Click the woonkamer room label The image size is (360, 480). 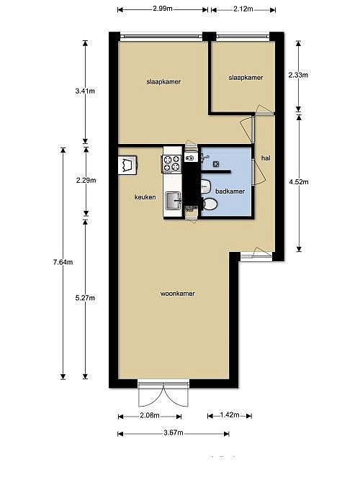tap(178, 294)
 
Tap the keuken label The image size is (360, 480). tap(145, 197)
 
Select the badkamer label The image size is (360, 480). tap(230, 191)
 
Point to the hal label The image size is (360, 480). tap(266, 158)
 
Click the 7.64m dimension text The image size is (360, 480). tap(63, 262)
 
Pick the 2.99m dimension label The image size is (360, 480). tap(163, 9)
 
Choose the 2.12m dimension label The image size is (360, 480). tap(243, 9)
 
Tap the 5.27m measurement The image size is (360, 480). tap(85, 297)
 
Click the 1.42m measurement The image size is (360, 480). tap(230, 415)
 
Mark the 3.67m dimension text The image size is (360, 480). tap(174, 433)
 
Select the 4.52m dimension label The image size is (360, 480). tap(299, 182)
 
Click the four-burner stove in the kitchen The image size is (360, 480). tap(171, 163)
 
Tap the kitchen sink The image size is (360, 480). tap(174, 201)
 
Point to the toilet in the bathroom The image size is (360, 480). tap(210, 204)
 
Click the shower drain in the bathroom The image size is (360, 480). tap(216, 164)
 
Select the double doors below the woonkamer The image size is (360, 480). tap(163, 394)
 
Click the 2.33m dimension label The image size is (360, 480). tap(298, 75)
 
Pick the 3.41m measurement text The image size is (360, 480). tap(85, 91)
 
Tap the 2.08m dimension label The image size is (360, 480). tap(150, 415)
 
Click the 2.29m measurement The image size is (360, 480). tap(86, 181)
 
